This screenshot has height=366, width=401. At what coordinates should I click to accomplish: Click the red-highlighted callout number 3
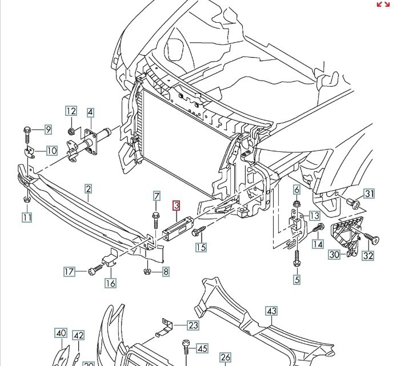(177, 205)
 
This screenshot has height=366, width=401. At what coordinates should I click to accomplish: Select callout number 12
(71, 112)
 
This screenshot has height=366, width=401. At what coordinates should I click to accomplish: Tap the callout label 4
(90, 113)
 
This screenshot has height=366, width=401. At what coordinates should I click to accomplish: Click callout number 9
(48, 130)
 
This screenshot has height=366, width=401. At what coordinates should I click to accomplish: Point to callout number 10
(51, 151)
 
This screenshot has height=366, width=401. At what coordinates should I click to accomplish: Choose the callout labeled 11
(27, 216)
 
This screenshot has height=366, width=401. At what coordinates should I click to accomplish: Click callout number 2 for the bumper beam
(89, 189)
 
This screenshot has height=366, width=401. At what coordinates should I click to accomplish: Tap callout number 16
(110, 283)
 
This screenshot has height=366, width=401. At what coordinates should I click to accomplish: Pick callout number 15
(201, 247)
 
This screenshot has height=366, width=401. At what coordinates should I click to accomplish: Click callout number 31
(370, 194)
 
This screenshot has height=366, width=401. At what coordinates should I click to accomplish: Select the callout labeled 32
(368, 255)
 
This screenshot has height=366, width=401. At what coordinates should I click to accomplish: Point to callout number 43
(271, 311)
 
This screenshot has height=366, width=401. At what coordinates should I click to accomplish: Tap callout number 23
(194, 325)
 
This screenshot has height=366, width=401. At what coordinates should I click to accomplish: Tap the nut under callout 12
(71, 132)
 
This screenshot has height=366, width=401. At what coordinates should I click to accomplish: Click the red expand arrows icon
(383, 5)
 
